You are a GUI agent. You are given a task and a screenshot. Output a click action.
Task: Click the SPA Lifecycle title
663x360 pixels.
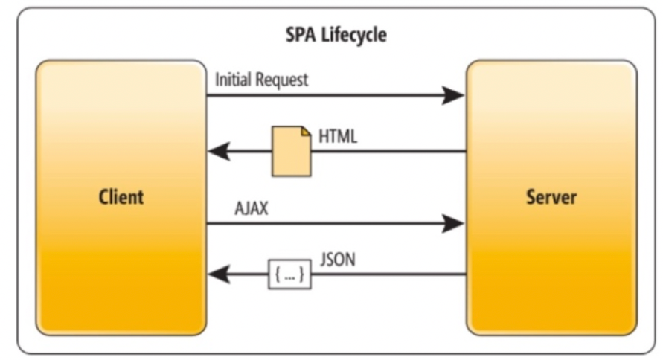point(336,35)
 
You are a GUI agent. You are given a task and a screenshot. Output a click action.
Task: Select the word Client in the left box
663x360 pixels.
point(121,197)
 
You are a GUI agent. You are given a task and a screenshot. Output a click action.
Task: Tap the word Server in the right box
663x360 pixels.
point(551,197)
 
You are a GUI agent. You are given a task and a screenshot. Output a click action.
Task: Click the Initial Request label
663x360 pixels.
point(262,80)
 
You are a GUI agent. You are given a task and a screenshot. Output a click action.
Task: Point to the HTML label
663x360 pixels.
point(338,136)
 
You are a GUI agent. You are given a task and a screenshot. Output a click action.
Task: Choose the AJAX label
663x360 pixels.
point(252,208)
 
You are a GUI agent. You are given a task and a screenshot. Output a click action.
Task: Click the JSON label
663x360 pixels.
point(337,260)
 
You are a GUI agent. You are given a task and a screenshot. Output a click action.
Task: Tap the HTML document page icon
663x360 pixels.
point(291,151)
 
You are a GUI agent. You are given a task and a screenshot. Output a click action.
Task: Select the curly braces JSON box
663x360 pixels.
point(289,274)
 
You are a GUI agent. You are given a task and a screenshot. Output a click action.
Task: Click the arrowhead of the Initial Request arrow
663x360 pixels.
point(453,95)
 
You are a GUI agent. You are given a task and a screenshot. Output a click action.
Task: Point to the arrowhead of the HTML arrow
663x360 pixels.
point(220,151)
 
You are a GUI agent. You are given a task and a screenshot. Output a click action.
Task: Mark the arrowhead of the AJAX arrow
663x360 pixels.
point(453,224)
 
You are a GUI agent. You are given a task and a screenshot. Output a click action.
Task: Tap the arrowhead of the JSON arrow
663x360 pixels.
point(220,274)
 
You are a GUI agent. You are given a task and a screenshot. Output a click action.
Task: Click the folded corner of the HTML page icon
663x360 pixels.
point(306,132)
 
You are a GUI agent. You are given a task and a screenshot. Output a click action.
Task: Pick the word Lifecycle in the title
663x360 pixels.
point(354,35)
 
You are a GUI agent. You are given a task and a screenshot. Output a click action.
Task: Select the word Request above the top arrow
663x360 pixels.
point(282,80)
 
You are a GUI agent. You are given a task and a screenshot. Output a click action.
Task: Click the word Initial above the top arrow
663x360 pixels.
point(234,79)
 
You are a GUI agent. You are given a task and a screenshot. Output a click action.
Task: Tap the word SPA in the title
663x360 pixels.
point(301,35)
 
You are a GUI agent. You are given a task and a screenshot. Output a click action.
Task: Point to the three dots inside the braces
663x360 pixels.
point(289,278)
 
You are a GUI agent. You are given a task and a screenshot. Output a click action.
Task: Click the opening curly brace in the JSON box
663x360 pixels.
point(278,274)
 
